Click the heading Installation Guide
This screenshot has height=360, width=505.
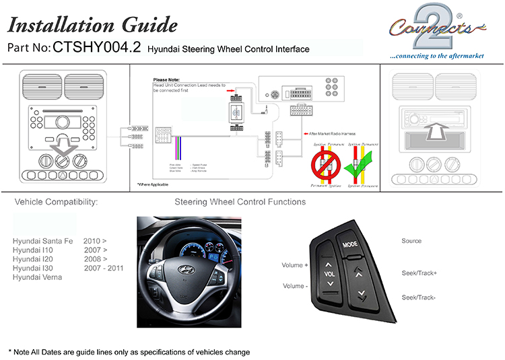[x=92, y=25]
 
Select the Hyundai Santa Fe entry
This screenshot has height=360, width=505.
[x=41, y=240]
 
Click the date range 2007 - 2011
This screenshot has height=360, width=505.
[x=104, y=268]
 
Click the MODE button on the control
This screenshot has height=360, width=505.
[x=349, y=245]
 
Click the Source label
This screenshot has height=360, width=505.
[x=411, y=241]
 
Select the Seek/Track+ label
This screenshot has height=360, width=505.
[x=419, y=273]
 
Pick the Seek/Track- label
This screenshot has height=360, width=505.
[x=418, y=297]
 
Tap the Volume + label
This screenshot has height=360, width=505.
[x=295, y=265]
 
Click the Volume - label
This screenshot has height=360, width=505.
[x=294, y=286]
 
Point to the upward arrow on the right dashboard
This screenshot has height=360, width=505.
[x=432, y=129]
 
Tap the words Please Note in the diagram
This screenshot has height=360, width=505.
[x=166, y=80]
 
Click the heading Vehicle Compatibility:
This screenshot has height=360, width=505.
[x=56, y=202]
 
